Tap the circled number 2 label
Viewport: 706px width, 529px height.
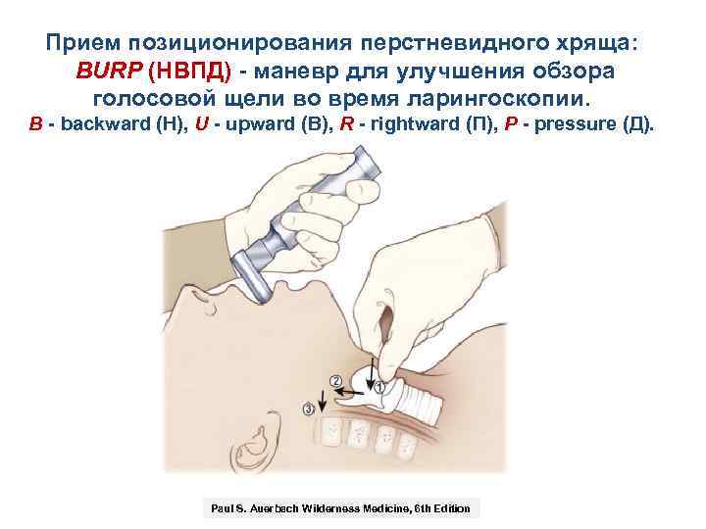(335, 379)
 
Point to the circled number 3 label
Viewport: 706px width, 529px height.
(311, 408)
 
